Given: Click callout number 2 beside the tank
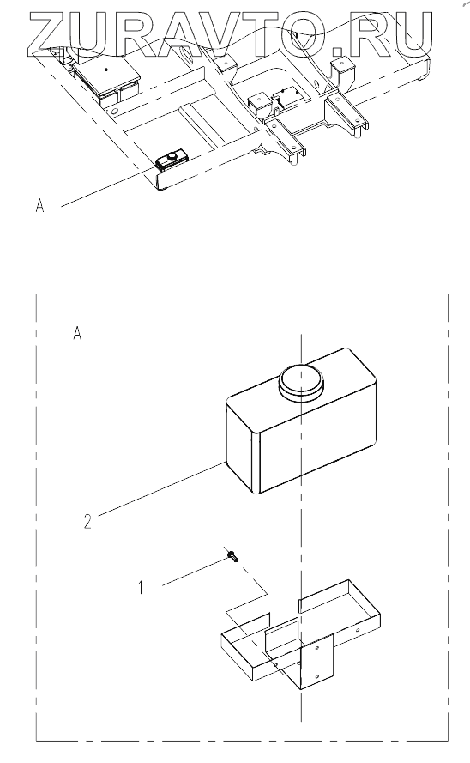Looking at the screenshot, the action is pos(87,522).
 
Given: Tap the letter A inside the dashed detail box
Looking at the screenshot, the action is pos(77,333).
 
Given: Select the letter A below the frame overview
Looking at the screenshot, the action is pos(39,206).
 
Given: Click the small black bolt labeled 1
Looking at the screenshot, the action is pos(232,555).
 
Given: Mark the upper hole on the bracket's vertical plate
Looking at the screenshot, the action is pos(316,649).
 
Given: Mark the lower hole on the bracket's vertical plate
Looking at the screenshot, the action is pos(316,677).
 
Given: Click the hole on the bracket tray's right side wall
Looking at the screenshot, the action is pos(358,629).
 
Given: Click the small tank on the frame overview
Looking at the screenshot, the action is pos(172,159).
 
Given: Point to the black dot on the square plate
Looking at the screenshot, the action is pos(106,70).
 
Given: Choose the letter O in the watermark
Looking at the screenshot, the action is pos(314,33).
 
